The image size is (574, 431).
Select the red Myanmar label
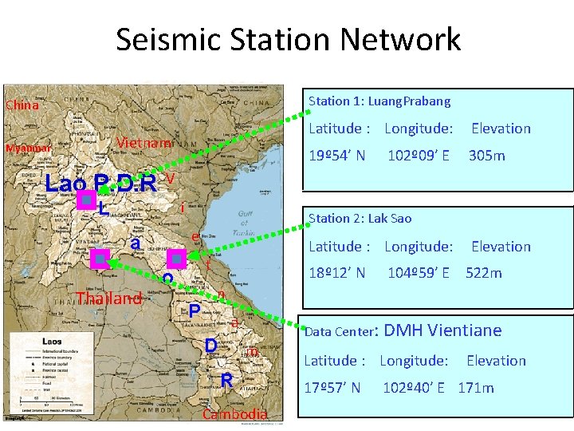coord(29,148)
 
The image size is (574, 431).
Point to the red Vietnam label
coord(143,143)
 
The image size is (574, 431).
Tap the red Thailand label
coord(108,299)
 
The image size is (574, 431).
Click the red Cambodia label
coord(235,414)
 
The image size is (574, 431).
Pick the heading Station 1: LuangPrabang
coord(379,101)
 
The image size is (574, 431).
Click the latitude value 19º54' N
coord(337,155)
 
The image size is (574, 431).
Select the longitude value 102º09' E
coord(419,155)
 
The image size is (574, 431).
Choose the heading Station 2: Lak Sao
coord(360,218)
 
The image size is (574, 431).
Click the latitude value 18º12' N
coord(337,273)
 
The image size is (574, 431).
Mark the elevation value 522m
coord(484,273)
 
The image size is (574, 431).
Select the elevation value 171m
coord(476,388)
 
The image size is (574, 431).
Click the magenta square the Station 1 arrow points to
coord(85,201)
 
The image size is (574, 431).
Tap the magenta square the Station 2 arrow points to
coord(177,258)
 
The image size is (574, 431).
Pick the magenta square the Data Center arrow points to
coord(99,258)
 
